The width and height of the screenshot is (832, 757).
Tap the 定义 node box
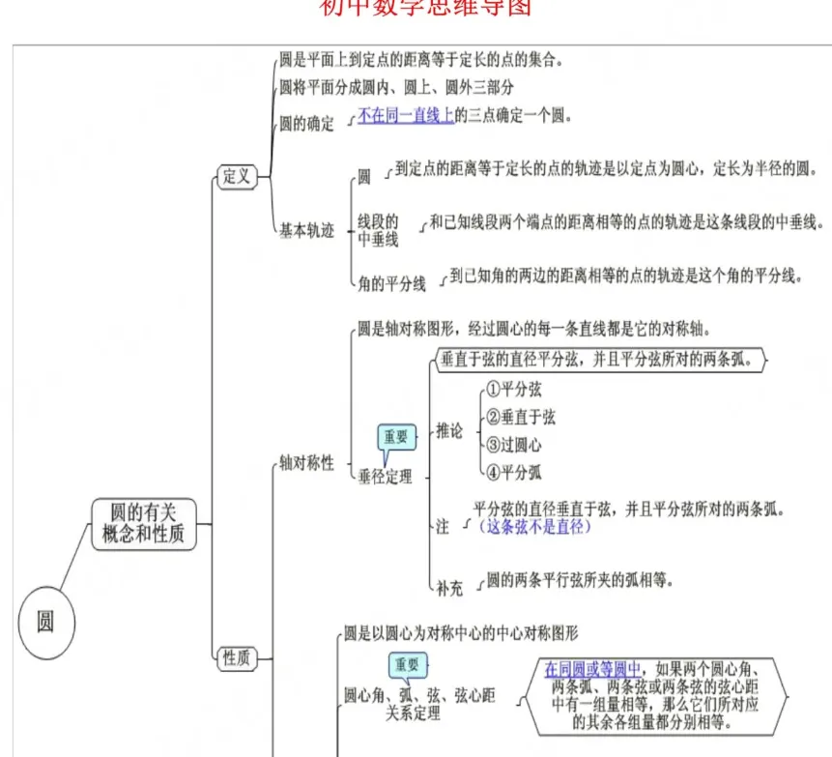(237, 176)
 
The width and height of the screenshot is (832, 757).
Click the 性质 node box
(237, 658)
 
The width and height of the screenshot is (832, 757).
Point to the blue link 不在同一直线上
(406, 116)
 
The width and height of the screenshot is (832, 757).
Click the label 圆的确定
(306, 124)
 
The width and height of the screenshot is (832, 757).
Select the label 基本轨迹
(306, 231)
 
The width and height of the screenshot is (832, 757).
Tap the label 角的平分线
(391, 284)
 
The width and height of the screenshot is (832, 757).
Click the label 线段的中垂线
(378, 230)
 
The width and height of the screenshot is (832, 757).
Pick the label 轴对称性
(306, 463)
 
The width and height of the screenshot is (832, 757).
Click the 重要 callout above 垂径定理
(396, 437)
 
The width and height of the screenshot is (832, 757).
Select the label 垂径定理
(385, 476)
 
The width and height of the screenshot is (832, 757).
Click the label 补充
(449, 588)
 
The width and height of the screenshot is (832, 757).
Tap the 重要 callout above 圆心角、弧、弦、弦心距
(407, 665)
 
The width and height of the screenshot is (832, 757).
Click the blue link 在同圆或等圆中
(592, 669)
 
